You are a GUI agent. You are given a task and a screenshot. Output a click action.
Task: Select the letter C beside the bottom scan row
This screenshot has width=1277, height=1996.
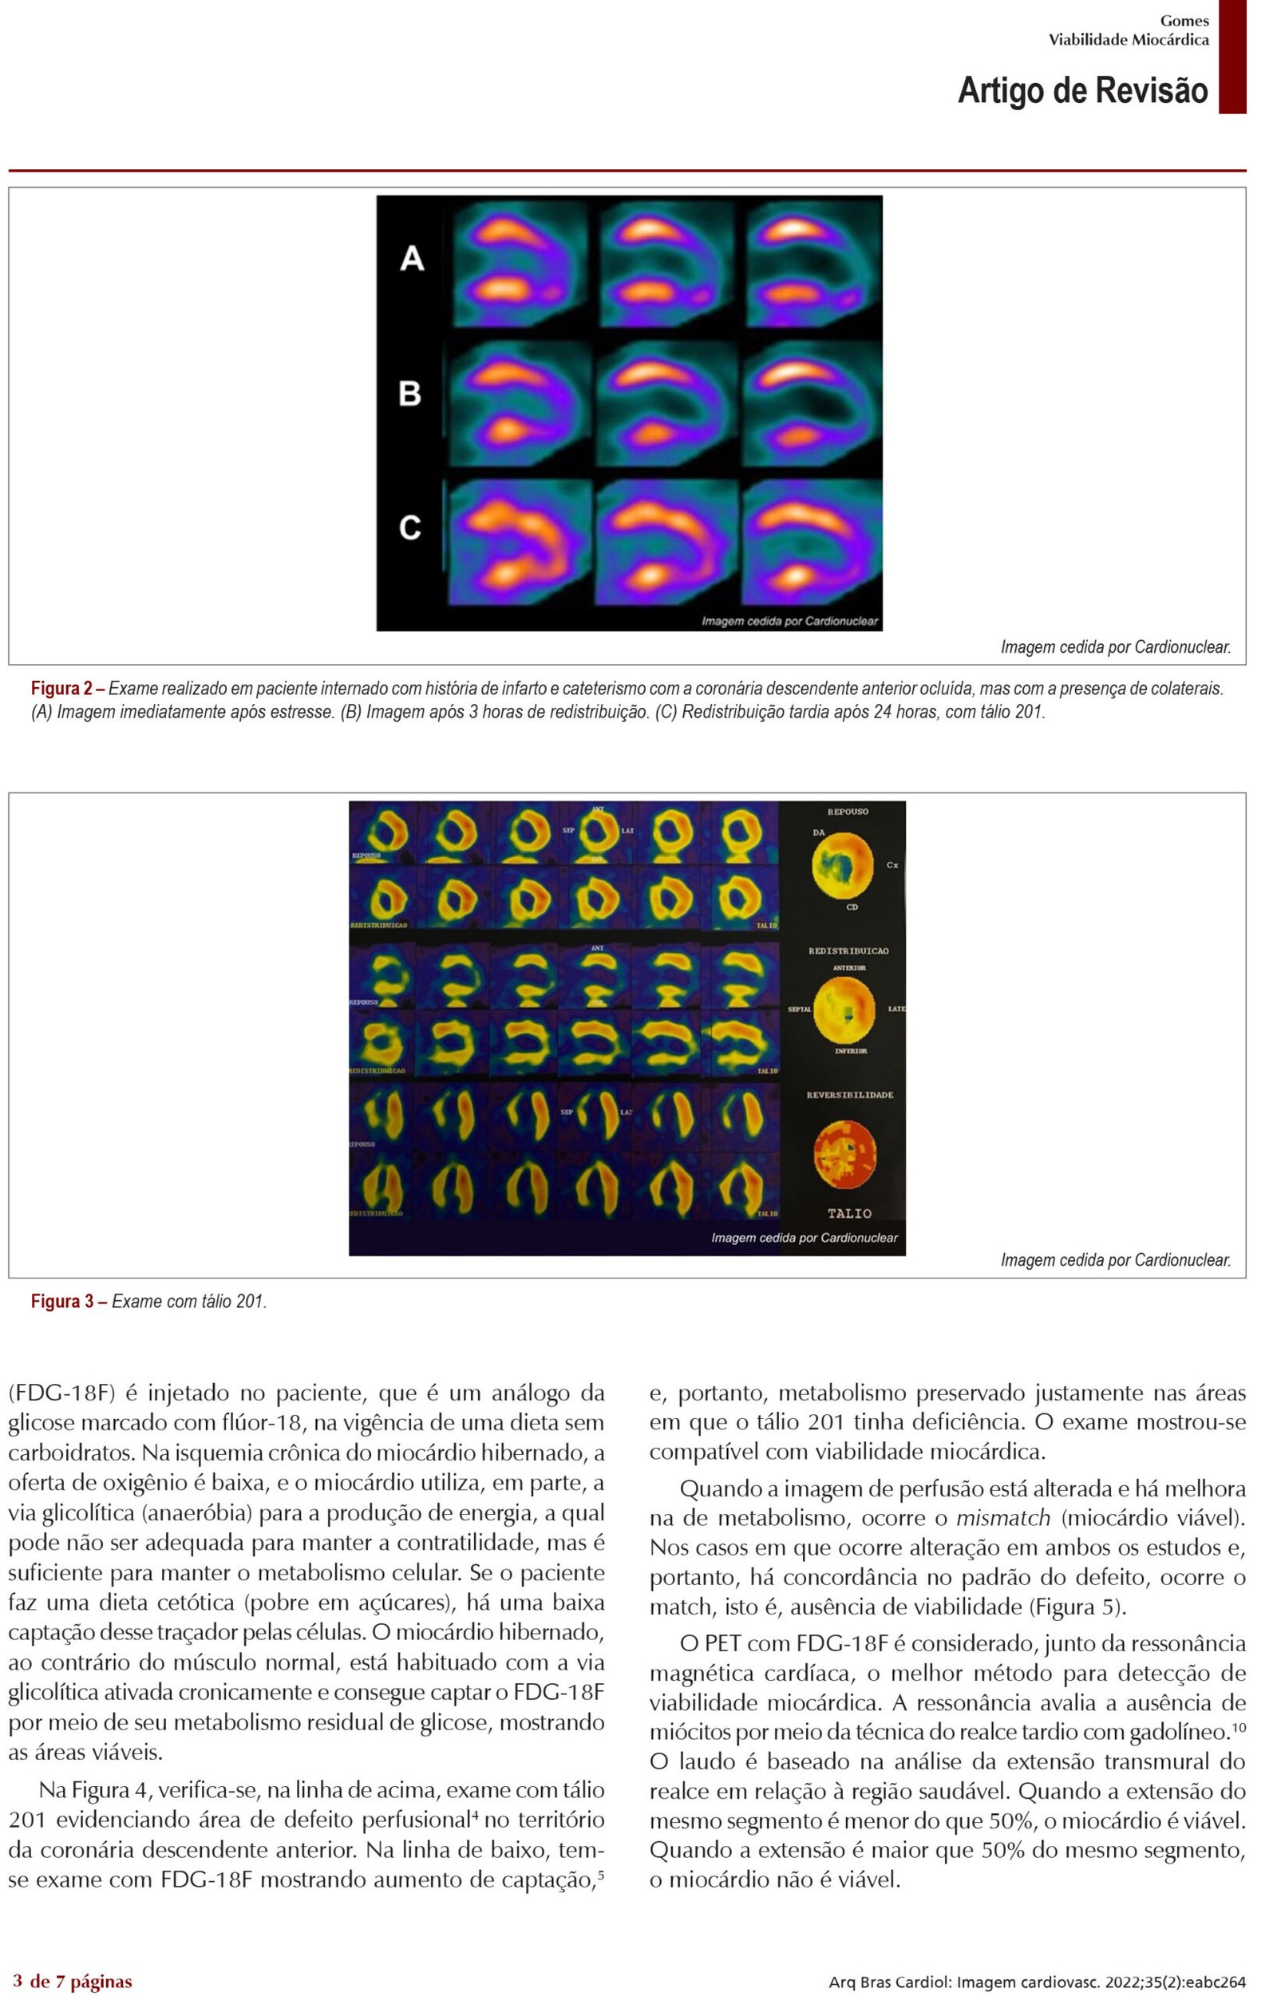[409, 528]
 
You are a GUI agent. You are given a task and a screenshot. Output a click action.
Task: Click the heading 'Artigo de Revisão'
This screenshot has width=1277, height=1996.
[1082, 89]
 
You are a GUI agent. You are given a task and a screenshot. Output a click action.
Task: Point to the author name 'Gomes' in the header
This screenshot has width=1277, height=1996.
[1184, 21]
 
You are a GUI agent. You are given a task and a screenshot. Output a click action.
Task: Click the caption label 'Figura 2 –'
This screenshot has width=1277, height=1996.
[68, 688]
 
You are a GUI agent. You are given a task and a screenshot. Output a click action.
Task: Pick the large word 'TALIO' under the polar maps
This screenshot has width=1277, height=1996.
[849, 1213]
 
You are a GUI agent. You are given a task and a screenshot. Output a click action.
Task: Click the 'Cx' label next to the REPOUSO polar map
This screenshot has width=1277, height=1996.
[892, 865]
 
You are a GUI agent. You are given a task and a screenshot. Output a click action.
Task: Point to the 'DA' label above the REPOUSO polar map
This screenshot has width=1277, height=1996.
[818, 832]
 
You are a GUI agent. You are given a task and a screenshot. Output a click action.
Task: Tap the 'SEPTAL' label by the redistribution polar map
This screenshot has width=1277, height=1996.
[800, 1010]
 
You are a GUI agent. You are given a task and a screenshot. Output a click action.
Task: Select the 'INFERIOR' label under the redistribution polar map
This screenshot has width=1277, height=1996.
[851, 1050]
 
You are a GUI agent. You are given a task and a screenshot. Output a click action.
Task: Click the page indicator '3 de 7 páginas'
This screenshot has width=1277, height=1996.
[72, 1981]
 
